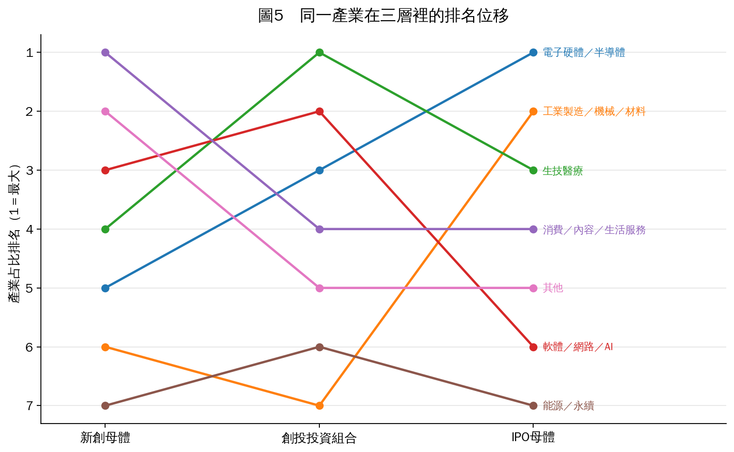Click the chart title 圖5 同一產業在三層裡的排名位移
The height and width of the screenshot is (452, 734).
[383, 16]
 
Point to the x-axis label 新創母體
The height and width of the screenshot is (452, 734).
[105, 438]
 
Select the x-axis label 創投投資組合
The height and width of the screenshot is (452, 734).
[319, 438]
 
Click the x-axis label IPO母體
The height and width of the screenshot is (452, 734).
[533, 438]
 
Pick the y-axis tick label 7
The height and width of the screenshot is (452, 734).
[30, 406]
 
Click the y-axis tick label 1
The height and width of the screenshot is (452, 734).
[30, 52]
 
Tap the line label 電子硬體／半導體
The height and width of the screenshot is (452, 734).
[584, 52]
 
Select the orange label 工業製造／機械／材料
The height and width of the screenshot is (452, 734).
[594, 111]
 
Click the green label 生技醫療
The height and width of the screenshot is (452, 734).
[563, 171]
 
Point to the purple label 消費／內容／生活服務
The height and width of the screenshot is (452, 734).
[594, 230]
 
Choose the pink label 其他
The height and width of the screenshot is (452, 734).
[553, 288]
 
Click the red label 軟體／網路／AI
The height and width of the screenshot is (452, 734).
[578, 347]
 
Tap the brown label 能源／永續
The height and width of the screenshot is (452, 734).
[568, 406]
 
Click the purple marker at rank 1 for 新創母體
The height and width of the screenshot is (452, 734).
[105, 52]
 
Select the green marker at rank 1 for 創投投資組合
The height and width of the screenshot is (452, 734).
[319, 52]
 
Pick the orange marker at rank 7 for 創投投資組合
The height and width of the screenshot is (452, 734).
[319, 406]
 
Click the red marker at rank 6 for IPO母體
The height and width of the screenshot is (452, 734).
[534, 347]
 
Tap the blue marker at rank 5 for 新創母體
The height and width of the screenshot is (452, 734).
[105, 288]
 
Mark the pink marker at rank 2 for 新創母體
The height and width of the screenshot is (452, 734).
[105, 111]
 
